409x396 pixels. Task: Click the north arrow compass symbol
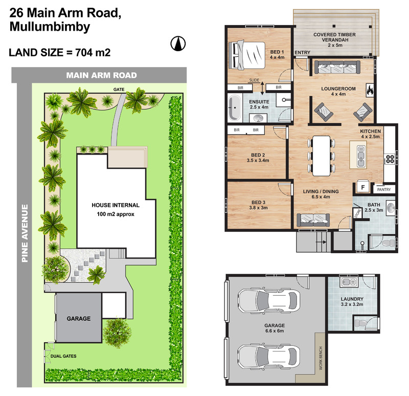pyautogui.click(x=178, y=43)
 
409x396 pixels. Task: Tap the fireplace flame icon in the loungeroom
pyautogui.click(x=370, y=91)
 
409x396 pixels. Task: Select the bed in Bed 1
pyautogui.click(x=247, y=55)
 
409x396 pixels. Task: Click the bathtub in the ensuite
pyautogui.click(x=235, y=107)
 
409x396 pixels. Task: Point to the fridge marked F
pyautogui.click(x=362, y=187)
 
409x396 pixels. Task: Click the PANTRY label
pyautogui.click(x=384, y=189)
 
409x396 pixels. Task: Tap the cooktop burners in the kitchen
pyautogui.click(x=390, y=159)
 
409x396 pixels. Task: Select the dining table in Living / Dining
pyautogui.click(x=322, y=156)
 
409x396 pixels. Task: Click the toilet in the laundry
pyautogui.click(x=361, y=323)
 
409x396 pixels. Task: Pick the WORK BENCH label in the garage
pyautogui.click(x=321, y=358)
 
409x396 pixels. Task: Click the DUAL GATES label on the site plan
pyautogui.click(x=63, y=356)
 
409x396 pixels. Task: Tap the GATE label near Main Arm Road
pyautogui.click(x=119, y=90)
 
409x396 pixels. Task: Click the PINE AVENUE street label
pyautogui.click(x=25, y=233)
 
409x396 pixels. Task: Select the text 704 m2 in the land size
pyautogui.click(x=93, y=53)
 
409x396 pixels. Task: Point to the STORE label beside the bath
pyautogui.click(x=357, y=213)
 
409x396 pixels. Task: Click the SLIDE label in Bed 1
pyautogui.click(x=254, y=80)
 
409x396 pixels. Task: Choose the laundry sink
pyautogui.click(x=349, y=282)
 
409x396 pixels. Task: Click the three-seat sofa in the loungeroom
pyautogui.click(x=337, y=67)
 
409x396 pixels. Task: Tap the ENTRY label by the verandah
pyautogui.click(x=302, y=53)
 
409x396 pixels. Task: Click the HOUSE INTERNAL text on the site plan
pyautogui.click(x=116, y=205)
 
